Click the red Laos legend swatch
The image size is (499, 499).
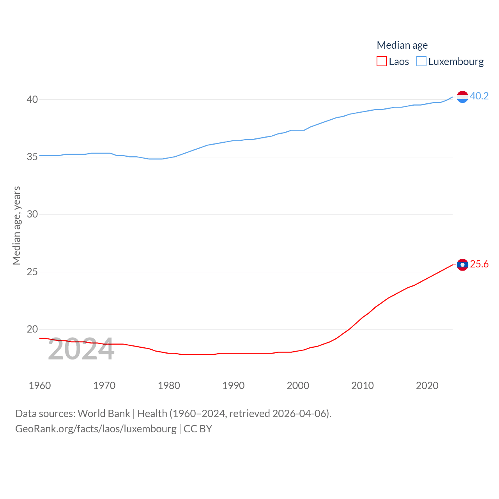382,62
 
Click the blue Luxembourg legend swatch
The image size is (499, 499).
421,62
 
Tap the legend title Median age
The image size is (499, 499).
402,45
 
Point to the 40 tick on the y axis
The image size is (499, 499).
32,99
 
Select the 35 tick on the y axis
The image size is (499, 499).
32,157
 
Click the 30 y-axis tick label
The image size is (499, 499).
32,214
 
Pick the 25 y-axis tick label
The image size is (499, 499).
32,272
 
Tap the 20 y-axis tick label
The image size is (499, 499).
32,329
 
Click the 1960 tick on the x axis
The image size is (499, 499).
40,386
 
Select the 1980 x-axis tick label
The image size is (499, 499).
169,386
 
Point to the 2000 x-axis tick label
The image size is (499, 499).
298,386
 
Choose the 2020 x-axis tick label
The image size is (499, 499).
427,386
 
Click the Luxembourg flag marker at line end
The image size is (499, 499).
462,96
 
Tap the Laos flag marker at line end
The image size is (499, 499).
462,265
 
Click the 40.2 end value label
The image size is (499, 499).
479,96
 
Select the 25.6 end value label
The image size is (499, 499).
479,264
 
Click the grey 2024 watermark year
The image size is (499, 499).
81,349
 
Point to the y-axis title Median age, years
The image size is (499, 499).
16,225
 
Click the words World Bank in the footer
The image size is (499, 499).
104,413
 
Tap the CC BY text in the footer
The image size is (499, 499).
198,429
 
